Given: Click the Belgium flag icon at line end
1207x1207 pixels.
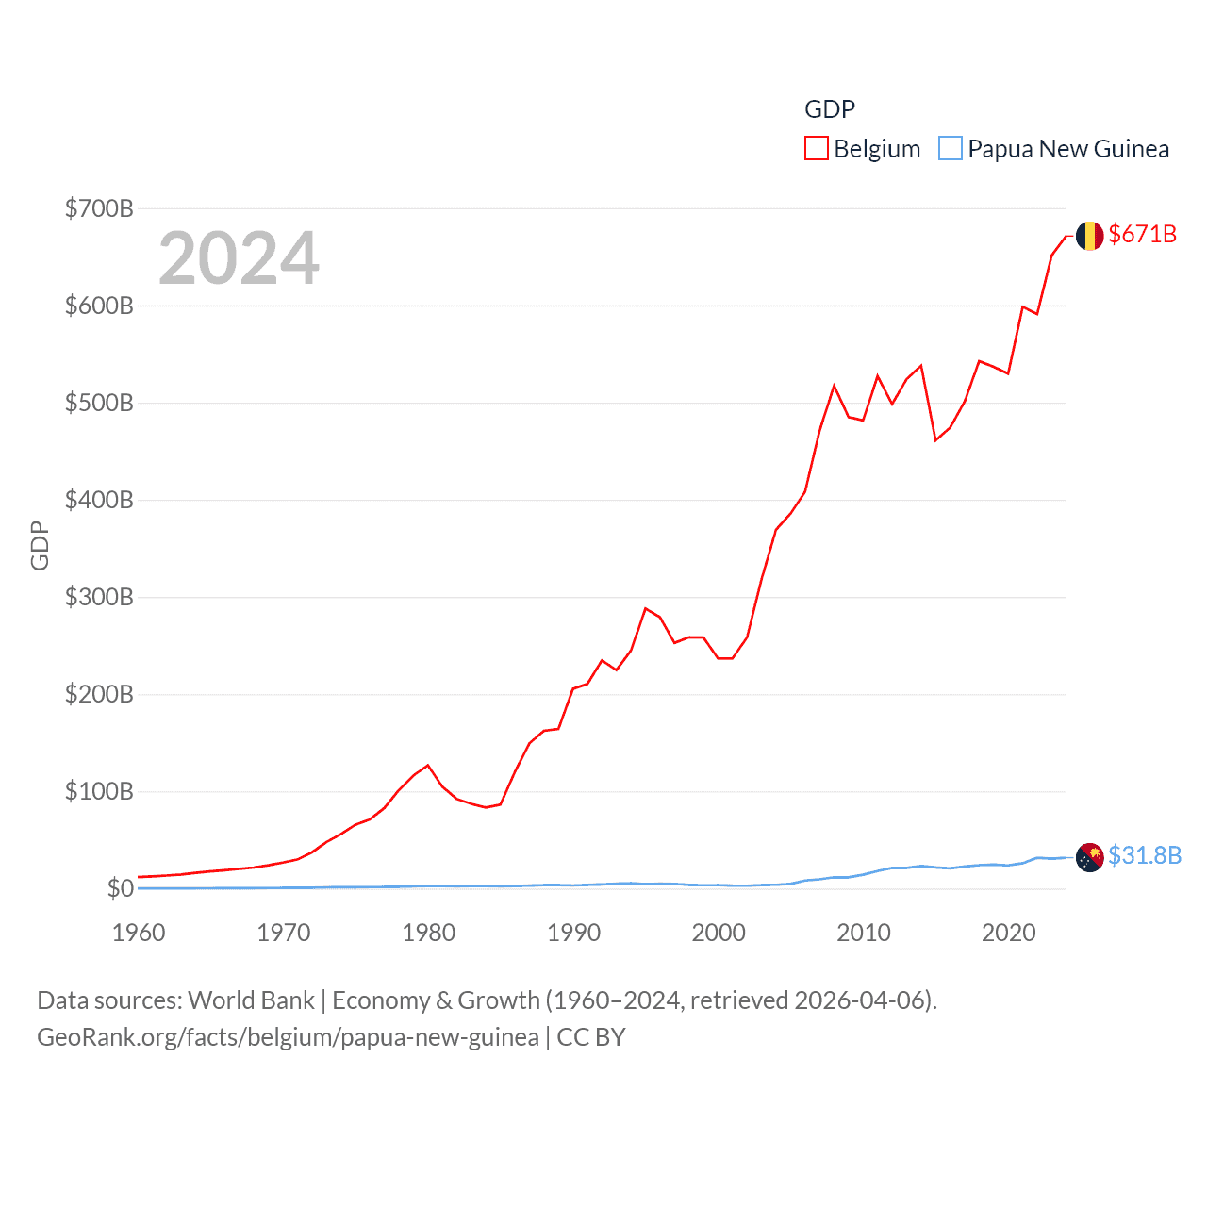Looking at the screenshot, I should pyautogui.click(x=1089, y=236).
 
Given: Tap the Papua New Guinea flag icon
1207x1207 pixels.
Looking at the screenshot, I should pyautogui.click(x=1089, y=857).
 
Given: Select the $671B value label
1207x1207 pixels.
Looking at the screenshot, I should pyautogui.click(x=1143, y=234).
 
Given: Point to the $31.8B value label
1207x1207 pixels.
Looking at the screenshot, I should pyautogui.click(x=1145, y=855).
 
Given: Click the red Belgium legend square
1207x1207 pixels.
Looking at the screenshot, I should pyautogui.click(x=817, y=149).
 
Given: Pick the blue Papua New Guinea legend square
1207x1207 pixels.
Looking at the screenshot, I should pyautogui.click(x=951, y=149).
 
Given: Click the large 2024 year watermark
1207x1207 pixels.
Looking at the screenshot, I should pyautogui.click(x=239, y=258).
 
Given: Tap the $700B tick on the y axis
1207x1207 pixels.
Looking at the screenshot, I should pyautogui.click(x=99, y=208).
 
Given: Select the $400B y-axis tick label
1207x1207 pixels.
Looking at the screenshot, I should pyautogui.click(x=99, y=500).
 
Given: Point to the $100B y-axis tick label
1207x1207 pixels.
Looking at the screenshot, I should pyautogui.click(x=99, y=791).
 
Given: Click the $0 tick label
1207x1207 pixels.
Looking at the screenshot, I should pyautogui.click(x=120, y=888).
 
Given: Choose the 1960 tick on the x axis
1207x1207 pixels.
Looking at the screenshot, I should pyautogui.click(x=139, y=933).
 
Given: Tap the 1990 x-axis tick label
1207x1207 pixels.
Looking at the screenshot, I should pyautogui.click(x=573, y=933).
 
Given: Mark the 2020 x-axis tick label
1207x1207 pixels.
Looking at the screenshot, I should pyautogui.click(x=1008, y=933).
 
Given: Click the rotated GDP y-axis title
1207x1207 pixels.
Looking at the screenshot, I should pyautogui.click(x=40, y=545).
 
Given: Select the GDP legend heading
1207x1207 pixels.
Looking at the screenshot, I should pyautogui.click(x=830, y=109).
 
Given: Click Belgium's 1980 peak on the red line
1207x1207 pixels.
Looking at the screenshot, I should pyautogui.click(x=428, y=765).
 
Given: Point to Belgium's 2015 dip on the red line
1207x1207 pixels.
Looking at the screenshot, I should pyautogui.click(x=935, y=440).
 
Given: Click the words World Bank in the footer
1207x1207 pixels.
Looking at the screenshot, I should pyautogui.click(x=252, y=1000).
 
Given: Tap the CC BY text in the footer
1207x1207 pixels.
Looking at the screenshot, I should pyautogui.click(x=591, y=1037).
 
